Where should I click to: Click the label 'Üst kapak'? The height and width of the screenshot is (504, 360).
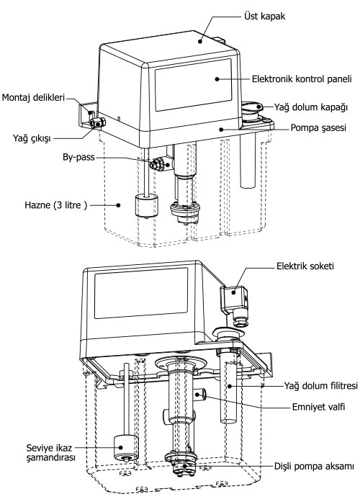(x=264, y=16)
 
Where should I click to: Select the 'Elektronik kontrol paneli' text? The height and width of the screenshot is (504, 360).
(x=302, y=78)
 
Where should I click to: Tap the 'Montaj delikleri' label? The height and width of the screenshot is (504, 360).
(x=33, y=97)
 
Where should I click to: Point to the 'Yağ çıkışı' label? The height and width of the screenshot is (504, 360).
(x=32, y=138)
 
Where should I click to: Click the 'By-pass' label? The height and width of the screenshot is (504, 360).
(x=78, y=157)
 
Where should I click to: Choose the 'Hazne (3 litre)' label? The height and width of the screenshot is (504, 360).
(x=55, y=205)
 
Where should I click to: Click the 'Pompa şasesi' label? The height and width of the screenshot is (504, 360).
(x=318, y=128)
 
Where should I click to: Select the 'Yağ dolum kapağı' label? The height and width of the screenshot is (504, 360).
(x=311, y=107)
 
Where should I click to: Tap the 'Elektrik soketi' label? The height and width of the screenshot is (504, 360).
(x=305, y=266)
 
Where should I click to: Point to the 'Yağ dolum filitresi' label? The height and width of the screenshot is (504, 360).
(x=320, y=385)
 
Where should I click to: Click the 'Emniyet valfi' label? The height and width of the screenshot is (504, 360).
(x=318, y=407)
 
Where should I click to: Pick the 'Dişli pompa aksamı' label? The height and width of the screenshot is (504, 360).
(x=314, y=466)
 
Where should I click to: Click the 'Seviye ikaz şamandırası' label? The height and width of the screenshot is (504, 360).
(x=51, y=452)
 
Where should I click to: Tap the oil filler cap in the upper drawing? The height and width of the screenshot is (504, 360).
(x=252, y=108)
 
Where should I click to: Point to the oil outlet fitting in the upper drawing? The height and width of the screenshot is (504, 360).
(x=98, y=122)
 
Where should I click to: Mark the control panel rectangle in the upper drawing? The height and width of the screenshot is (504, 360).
(x=193, y=85)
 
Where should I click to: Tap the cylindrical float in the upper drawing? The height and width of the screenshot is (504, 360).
(x=146, y=206)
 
